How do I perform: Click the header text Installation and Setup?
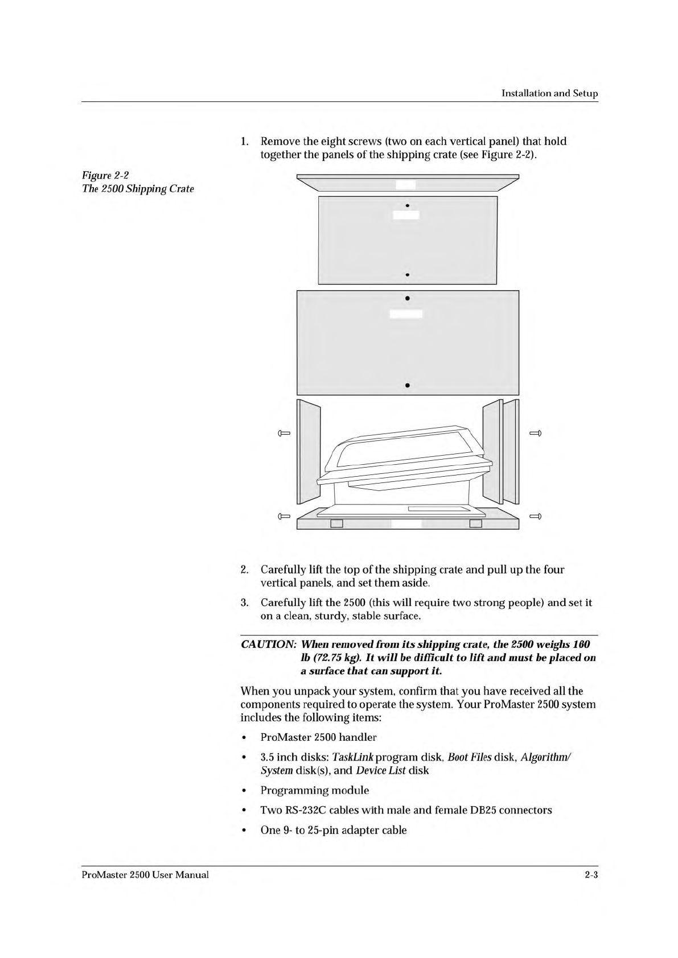pos(549,93)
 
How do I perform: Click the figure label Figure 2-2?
pos(105,175)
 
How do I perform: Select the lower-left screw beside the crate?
pos(284,517)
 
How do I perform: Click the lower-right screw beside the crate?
pos(535,517)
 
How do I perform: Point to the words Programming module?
pos(314,791)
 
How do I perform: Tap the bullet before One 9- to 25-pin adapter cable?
pos(244,831)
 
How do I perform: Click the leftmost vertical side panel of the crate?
pos(309,452)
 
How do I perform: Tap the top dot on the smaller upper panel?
pos(408,205)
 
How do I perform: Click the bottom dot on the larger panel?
pos(408,386)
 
